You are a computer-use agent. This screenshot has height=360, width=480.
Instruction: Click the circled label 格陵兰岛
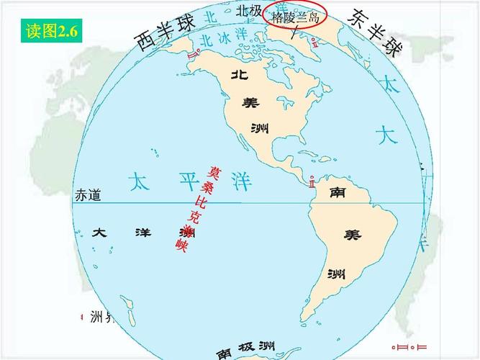295,17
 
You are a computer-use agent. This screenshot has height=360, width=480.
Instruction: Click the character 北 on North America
240,74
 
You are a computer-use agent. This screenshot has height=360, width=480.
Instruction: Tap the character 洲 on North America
260,128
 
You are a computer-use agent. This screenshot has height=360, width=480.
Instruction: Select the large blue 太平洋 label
191,181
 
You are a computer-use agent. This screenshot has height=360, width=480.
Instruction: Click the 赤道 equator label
88,195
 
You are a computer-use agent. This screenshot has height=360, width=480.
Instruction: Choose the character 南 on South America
338,193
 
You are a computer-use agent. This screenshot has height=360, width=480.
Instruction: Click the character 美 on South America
353,235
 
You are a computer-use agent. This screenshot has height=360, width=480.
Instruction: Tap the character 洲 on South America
336,274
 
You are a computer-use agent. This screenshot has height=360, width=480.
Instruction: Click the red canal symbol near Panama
312,181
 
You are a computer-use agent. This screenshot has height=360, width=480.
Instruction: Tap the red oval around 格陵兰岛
296,14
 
